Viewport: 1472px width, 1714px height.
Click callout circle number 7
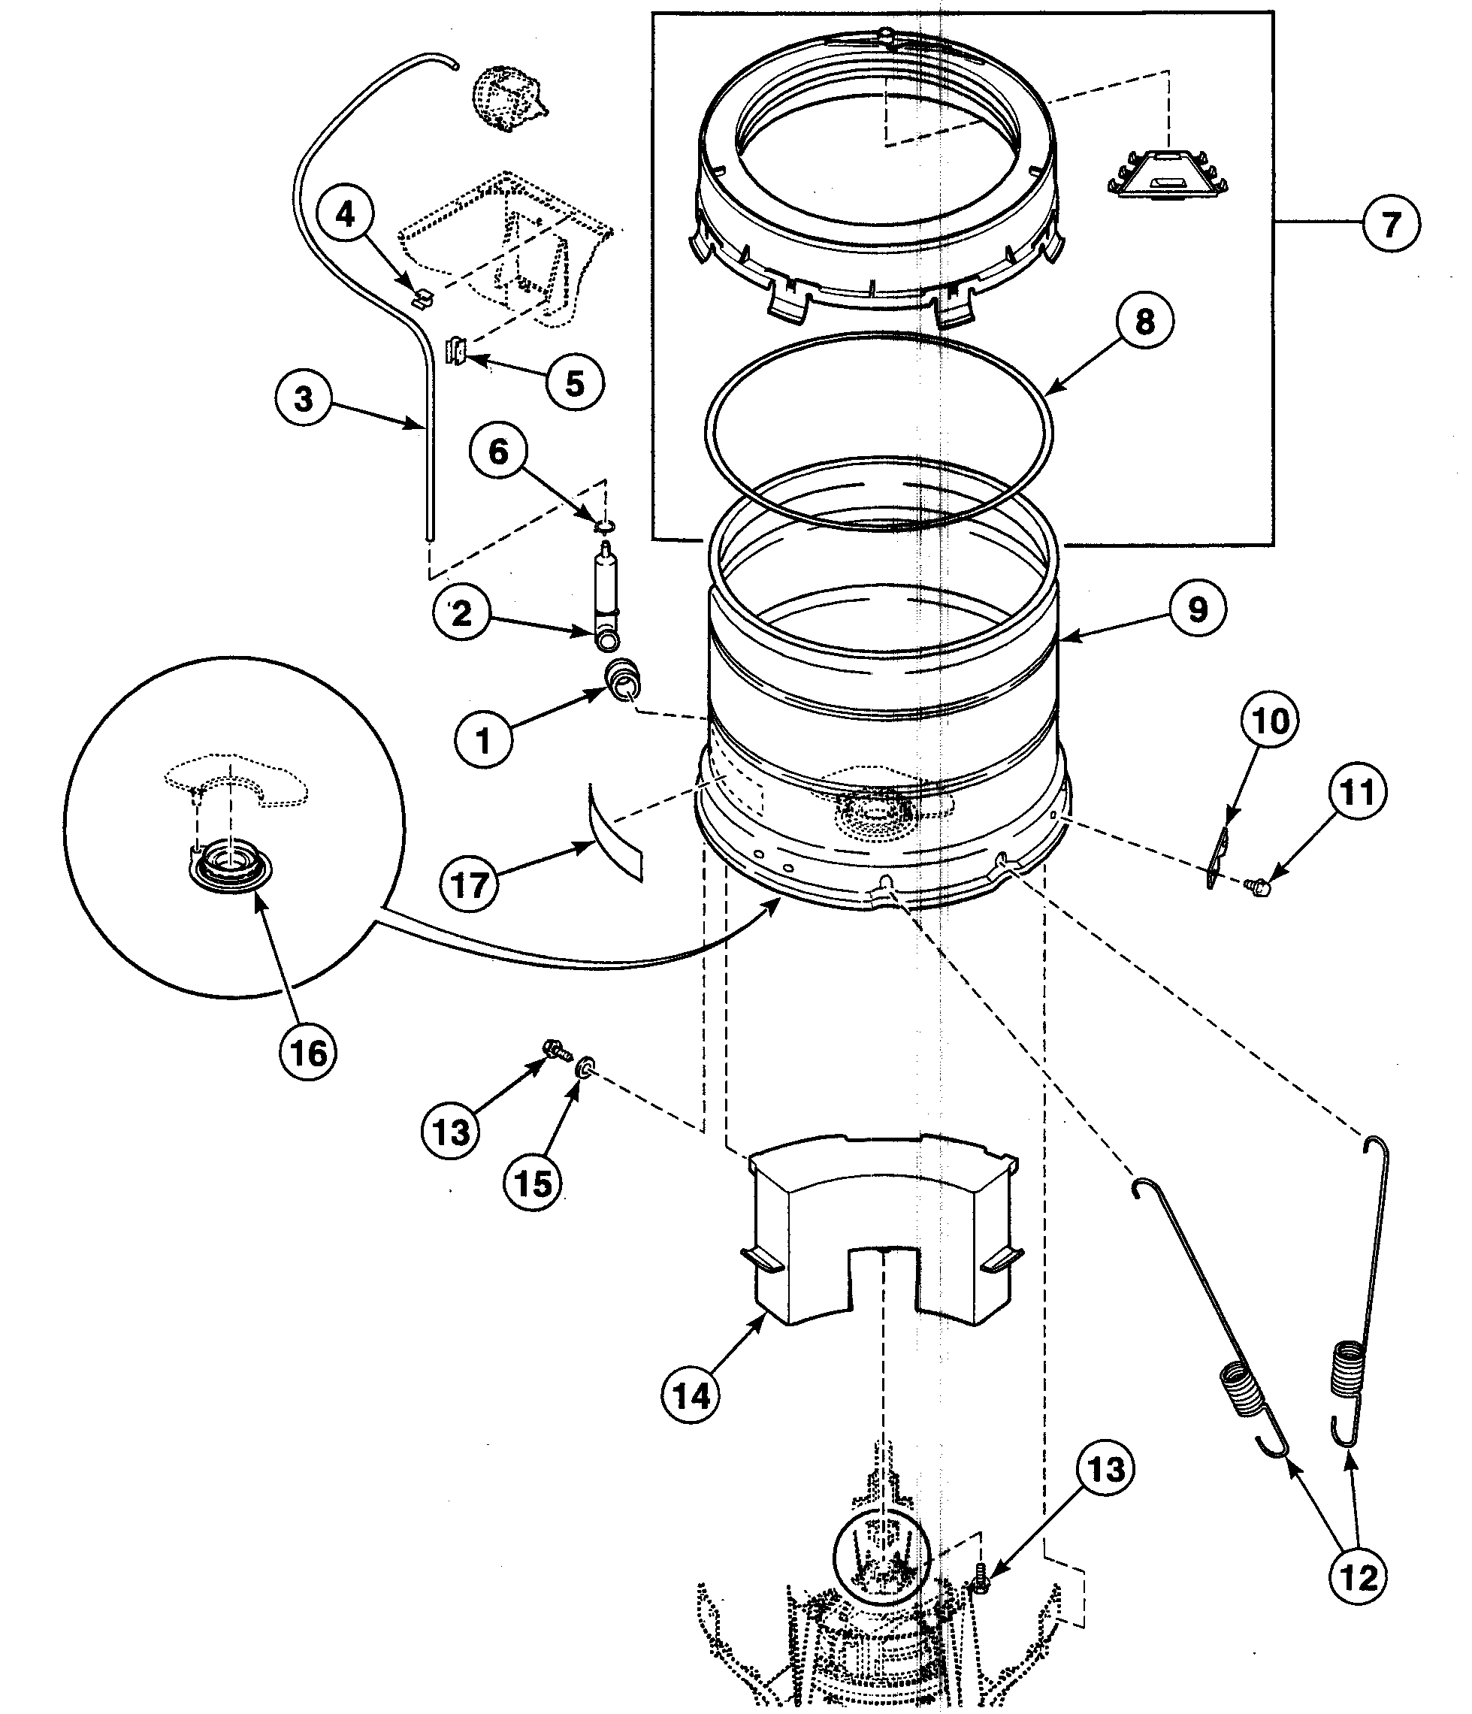point(1390,223)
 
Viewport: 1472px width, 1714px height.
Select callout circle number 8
point(1144,322)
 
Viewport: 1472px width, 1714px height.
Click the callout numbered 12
point(1358,1578)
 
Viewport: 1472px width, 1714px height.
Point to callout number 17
point(469,885)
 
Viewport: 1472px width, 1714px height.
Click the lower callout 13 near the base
point(1105,1469)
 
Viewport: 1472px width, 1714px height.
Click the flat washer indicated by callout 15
point(585,1066)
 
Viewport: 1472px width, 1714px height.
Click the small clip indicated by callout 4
point(422,295)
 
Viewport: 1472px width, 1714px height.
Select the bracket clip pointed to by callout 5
point(455,351)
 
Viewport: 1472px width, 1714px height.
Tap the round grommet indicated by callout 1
point(624,677)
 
